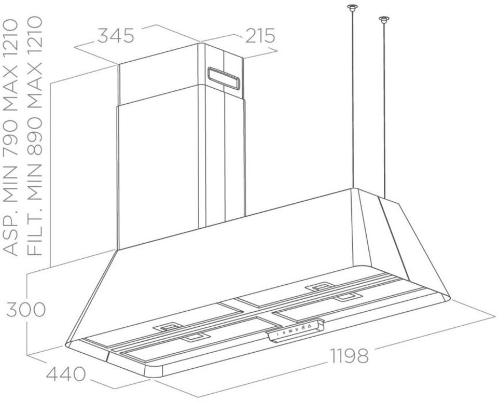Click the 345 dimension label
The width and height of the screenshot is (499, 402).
coord(116,35)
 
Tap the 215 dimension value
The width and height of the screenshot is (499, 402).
coord(260,35)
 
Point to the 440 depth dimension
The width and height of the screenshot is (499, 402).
coord(66,375)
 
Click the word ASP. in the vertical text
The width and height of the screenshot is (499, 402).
coord(11,235)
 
